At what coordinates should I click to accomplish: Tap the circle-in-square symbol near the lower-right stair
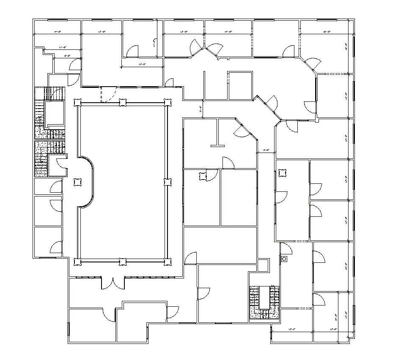pyautogui.click(x=284, y=258)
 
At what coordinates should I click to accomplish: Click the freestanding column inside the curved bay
pyautogui.click(x=77, y=182)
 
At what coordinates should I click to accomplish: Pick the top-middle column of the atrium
pyautogui.click(x=122, y=102)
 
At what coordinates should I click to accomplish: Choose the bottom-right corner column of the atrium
pyautogui.click(x=168, y=262)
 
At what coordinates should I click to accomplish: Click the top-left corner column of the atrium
pyautogui.click(x=77, y=102)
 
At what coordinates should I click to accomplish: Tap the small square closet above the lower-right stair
pyautogui.click(x=263, y=265)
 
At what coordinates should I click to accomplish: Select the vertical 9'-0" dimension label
pyautogui.click(x=201, y=111)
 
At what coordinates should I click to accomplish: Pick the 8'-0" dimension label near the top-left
pyautogui.click(x=67, y=55)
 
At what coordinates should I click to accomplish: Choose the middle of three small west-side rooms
pyautogui.click(x=47, y=211)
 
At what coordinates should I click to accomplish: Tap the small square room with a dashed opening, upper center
pyautogui.click(x=240, y=86)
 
